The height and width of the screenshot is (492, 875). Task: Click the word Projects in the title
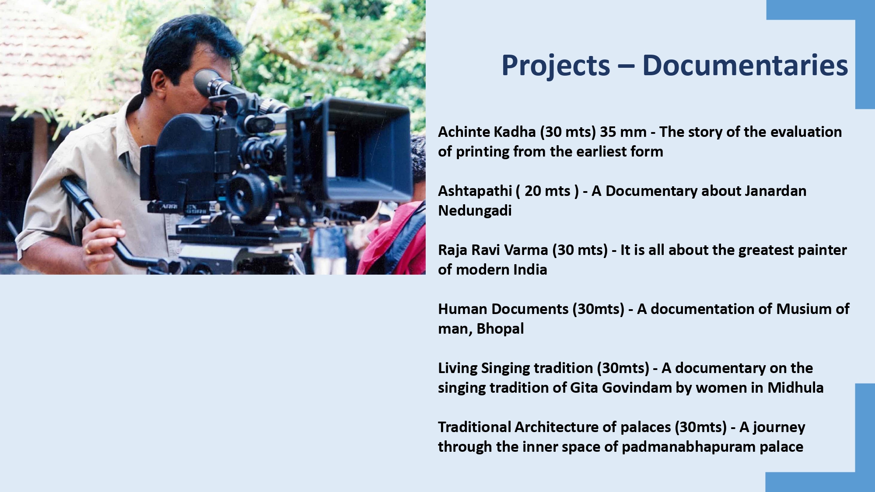pyautogui.click(x=556, y=66)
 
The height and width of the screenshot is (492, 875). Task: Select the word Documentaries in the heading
pyautogui.click(x=745, y=66)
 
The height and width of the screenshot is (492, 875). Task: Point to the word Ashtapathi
pyautogui.click(x=475, y=191)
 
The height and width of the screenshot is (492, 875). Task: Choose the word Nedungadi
pyautogui.click(x=475, y=211)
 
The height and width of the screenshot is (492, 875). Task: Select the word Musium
pyautogui.click(x=804, y=309)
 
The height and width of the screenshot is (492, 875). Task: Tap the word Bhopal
pyautogui.click(x=500, y=329)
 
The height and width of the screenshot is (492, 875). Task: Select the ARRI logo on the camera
pyautogui.click(x=169, y=206)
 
